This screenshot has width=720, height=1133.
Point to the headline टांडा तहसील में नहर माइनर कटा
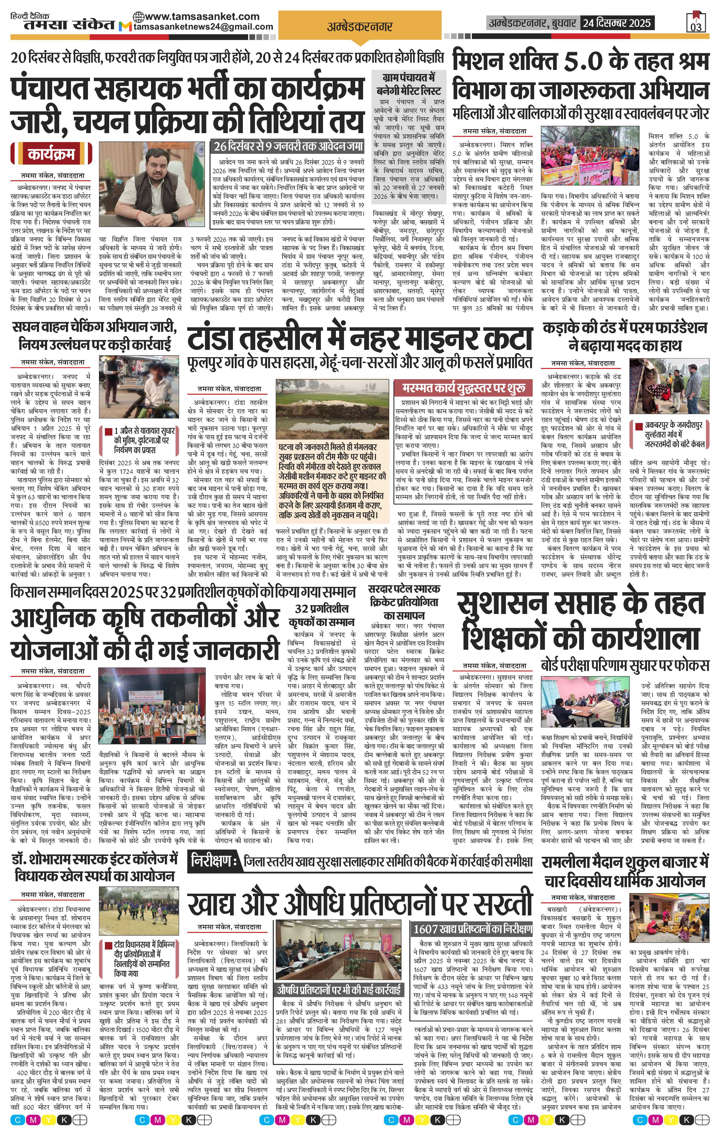pyautogui.click(x=360, y=339)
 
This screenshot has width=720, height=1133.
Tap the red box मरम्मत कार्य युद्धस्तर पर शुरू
pyautogui.click(x=463, y=388)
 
